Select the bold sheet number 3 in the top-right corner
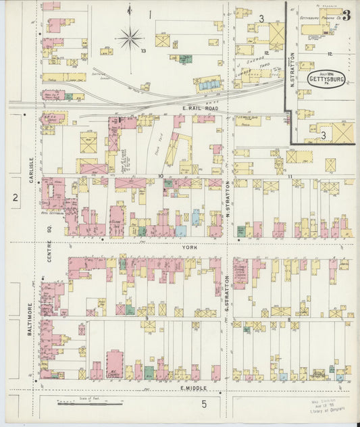[x=346, y=16]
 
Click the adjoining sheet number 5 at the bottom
[x=203, y=404]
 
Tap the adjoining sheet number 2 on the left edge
[x=15, y=197]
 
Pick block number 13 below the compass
[x=143, y=51]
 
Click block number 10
[x=161, y=176]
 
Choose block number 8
[x=288, y=320]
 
